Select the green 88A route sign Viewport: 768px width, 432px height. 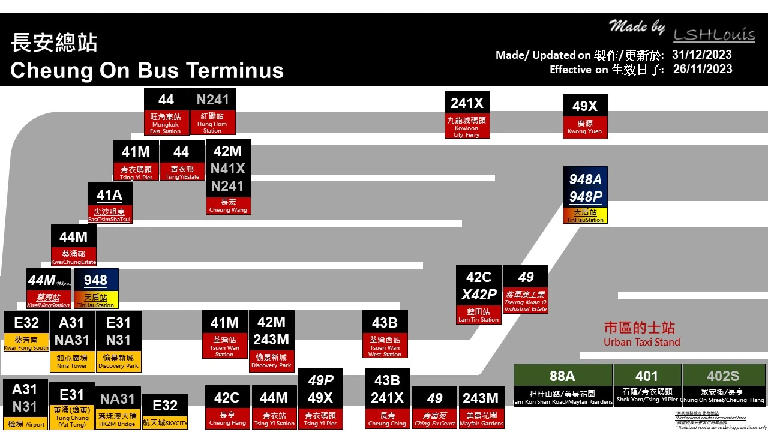(x=562, y=385)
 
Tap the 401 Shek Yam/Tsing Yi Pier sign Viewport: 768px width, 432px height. (x=647, y=385)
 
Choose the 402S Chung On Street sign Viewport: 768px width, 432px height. (x=722, y=385)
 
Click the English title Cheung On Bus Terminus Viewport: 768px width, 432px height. (x=147, y=70)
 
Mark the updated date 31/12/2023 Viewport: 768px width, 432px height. (x=701, y=55)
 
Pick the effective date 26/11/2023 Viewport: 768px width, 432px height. (x=702, y=69)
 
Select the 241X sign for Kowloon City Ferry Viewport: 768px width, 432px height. (x=467, y=115)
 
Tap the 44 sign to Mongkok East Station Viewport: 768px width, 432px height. (x=166, y=112)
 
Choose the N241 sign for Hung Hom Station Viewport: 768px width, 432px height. (x=212, y=112)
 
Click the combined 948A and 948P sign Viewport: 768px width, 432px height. (x=585, y=195)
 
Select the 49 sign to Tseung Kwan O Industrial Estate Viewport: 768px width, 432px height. (x=526, y=289)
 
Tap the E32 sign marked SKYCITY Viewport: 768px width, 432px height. (x=165, y=411)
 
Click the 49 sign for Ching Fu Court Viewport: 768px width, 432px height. (x=435, y=406)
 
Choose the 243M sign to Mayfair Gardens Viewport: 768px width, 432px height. (x=481, y=406)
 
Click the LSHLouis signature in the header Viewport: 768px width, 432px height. (x=713, y=35)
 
